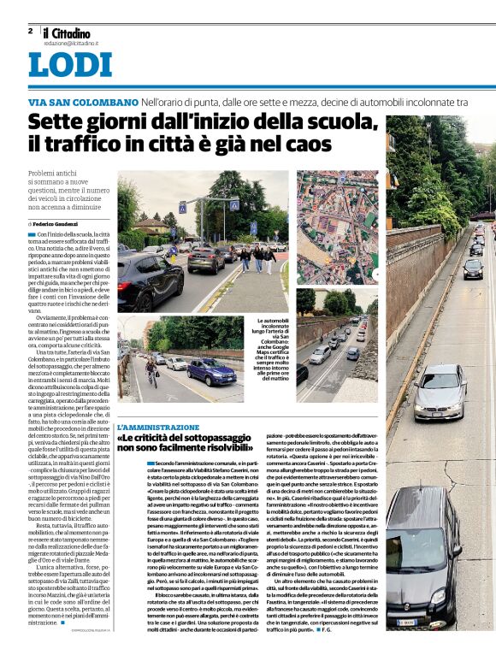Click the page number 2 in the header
tap(30, 31)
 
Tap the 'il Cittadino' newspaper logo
tap(71, 32)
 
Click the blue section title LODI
tap(70, 66)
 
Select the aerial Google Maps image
tap(336, 227)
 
